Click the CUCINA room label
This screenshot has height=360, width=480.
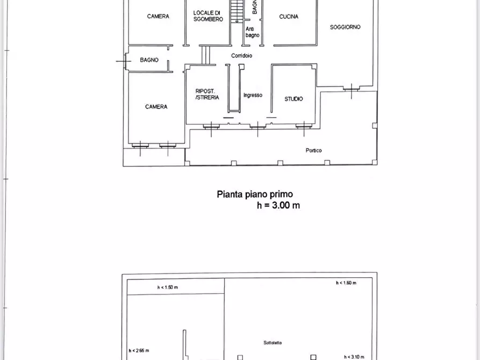pyautogui.click(x=289, y=17)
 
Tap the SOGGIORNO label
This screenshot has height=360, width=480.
pyautogui.click(x=346, y=27)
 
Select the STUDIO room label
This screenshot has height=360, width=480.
pyautogui.click(x=293, y=99)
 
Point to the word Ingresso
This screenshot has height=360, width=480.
pyautogui.click(x=253, y=95)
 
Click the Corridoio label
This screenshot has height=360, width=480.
pyautogui.click(x=242, y=56)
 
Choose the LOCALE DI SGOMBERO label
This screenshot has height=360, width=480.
pyautogui.click(x=207, y=16)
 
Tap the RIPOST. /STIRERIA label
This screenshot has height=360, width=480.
pyautogui.click(x=207, y=95)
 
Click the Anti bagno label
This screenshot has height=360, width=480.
pyautogui.click(x=253, y=32)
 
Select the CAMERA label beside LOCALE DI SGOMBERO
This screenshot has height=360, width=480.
pyautogui.click(x=158, y=16)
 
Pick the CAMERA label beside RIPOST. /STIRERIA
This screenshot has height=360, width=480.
pyautogui.click(x=156, y=107)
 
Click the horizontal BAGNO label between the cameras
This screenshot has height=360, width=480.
pyautogui.click(x=149, y=60)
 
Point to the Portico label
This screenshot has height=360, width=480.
pyautogui.click(x=314, y=150)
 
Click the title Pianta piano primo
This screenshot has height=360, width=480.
pyautogui.click(x=255, y=195)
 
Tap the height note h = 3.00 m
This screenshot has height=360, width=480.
pyautogui.click(x=278, y=205)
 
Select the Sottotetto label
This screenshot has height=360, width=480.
pyautogui.click(x=273, y=342)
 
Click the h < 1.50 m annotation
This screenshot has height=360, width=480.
pyautogui.click(x=168, y=287)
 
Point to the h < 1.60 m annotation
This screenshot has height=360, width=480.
pyautogui.click(x=346, y=283)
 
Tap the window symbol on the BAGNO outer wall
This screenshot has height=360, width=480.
pyautogui.click(x=125, y=61)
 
